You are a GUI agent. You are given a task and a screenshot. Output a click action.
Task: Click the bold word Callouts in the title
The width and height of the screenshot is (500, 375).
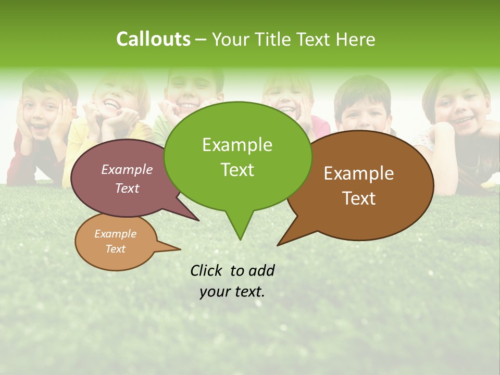click(153, 39)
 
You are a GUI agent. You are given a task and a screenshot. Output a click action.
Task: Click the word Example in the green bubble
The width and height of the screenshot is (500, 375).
click(238, 145)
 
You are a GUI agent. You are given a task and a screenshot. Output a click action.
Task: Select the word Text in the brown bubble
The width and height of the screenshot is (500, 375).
click(359, 198)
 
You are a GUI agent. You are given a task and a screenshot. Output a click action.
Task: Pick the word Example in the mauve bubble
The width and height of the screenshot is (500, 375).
click(127, 169)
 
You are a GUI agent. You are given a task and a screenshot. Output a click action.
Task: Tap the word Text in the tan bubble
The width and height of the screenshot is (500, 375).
click(116, 249)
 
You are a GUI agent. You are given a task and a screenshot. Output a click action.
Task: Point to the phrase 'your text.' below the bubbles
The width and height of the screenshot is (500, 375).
click(232, 292)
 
